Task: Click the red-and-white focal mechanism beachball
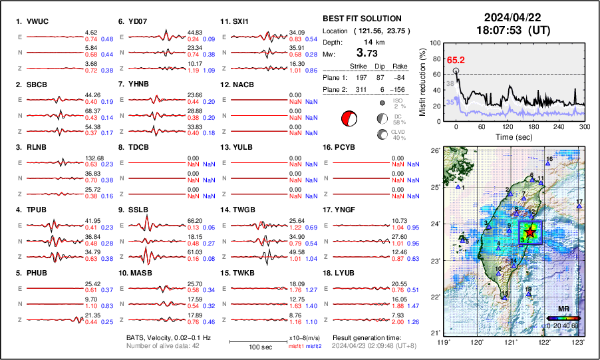(x=348, y=119)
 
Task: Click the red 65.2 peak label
(x=456, y=60)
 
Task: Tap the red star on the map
(x=529, y=232)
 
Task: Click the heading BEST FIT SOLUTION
(x=361, y=19)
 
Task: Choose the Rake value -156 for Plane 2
(x=412, y=89)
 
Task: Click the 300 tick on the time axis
(x=585, y=126)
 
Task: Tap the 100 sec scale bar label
(x=249, y=349)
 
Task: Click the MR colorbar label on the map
(x=563, y=309)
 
